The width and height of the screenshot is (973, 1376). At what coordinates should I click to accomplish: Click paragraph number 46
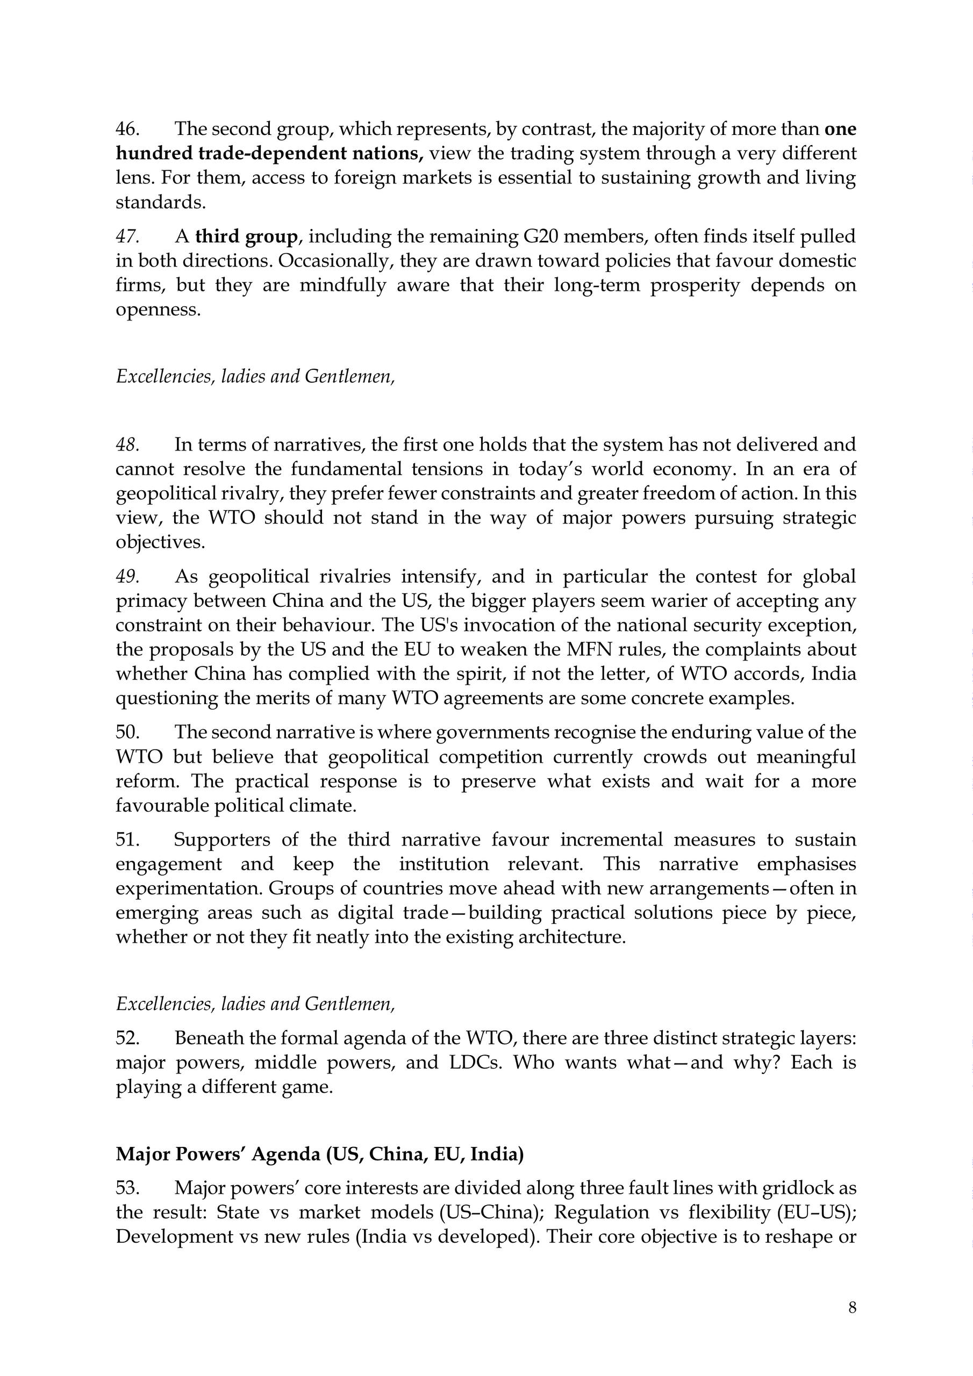click(127, 129)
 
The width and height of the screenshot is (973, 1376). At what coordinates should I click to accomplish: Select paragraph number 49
click(127, 577)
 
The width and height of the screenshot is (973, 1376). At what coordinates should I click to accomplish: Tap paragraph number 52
click(127, 1038)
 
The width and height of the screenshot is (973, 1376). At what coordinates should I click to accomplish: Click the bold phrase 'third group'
click(246, 236)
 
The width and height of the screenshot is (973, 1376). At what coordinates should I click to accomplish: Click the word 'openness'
click(158, 310)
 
